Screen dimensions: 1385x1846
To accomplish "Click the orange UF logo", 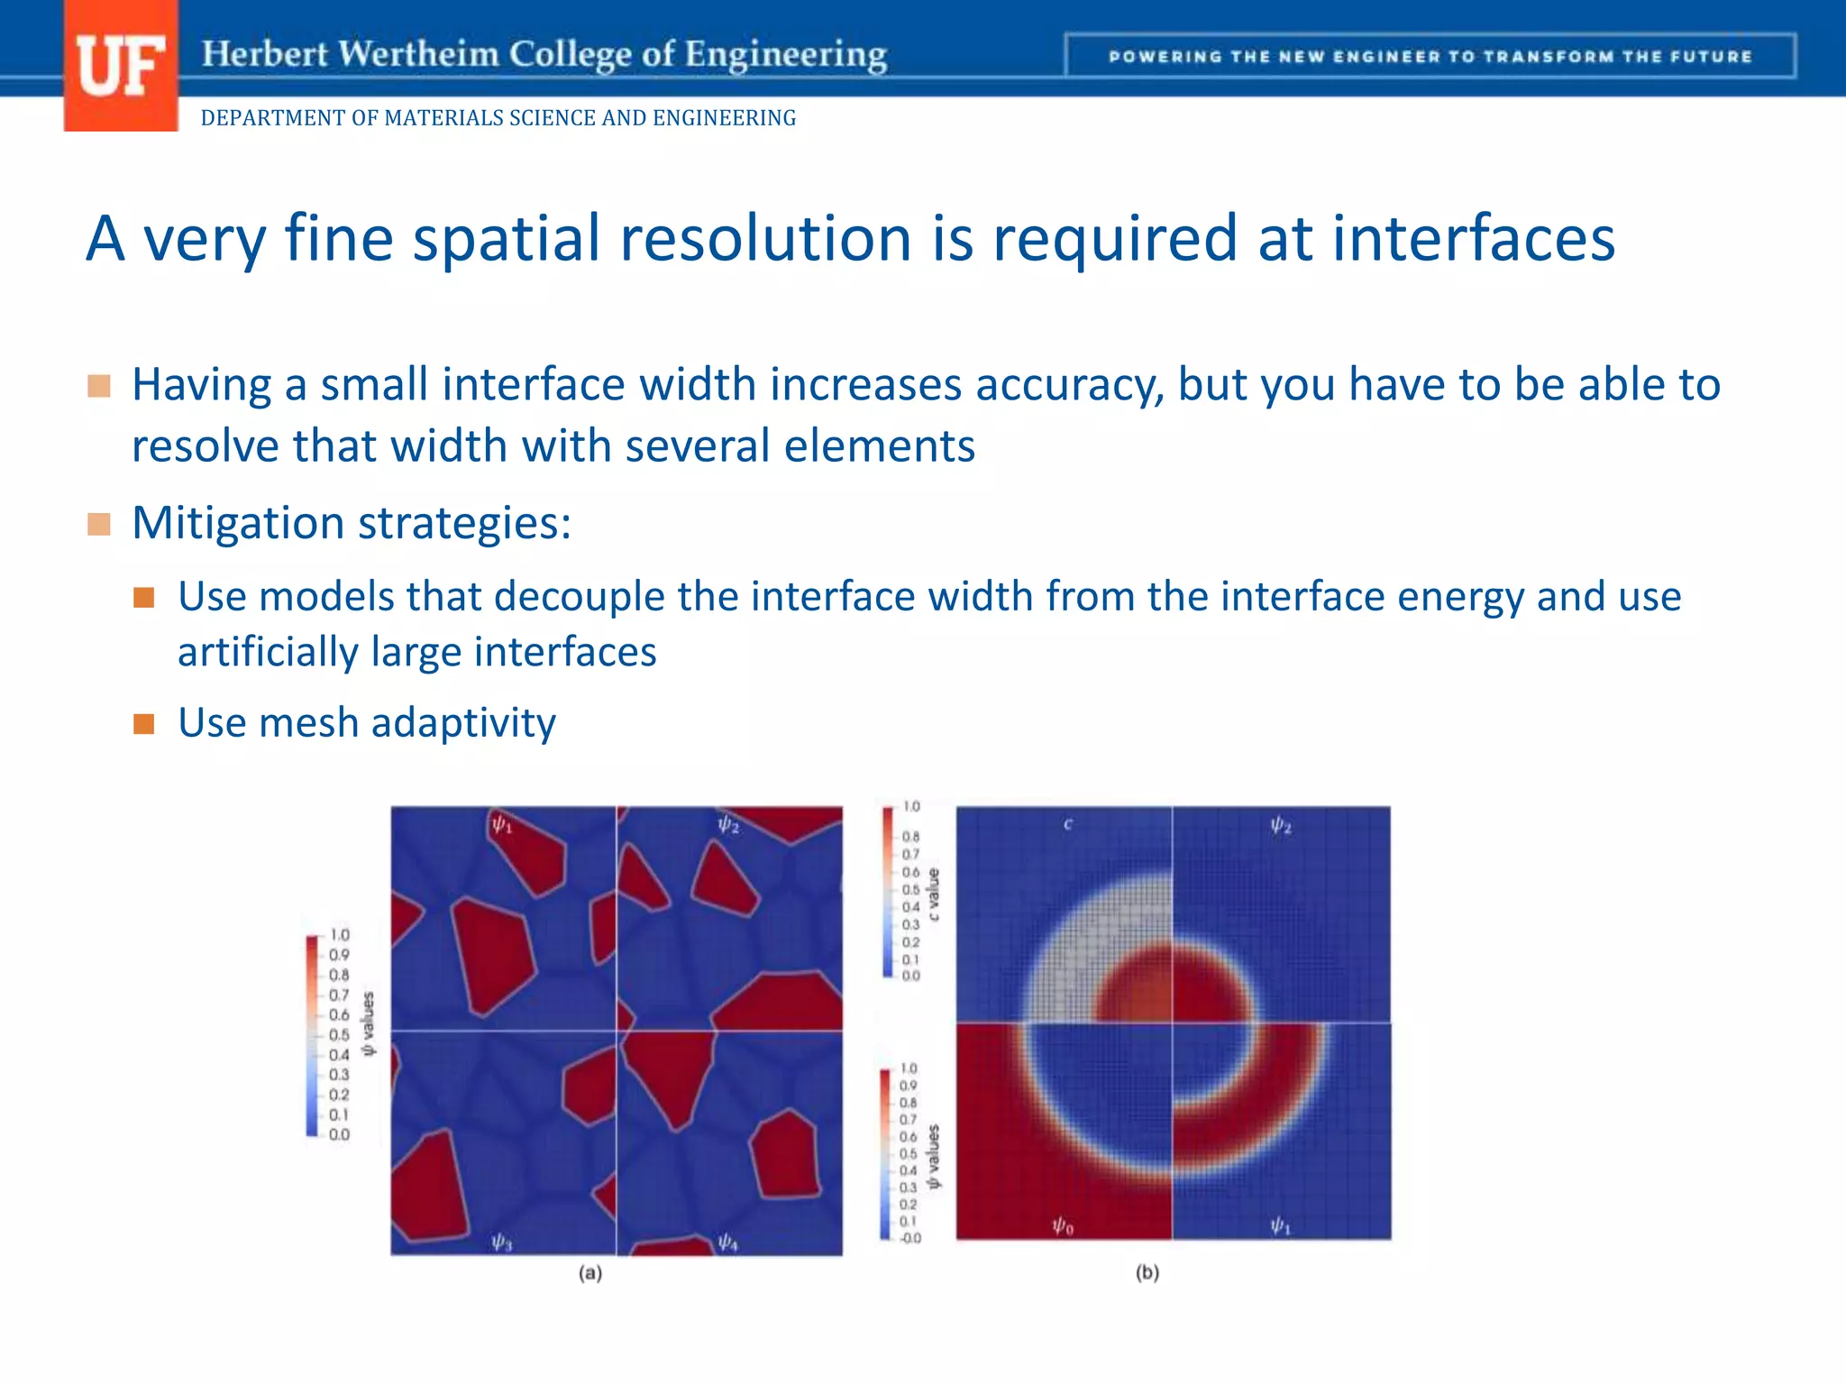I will [x=121, y=66].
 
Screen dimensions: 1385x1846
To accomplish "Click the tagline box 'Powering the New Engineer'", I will [x=1430, y=56].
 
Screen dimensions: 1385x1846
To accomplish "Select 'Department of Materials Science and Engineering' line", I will [x=498, y=118].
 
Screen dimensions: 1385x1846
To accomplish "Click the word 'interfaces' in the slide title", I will [x=1473, y=239].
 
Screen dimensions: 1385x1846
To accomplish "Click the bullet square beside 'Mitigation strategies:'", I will [x=99, y=524].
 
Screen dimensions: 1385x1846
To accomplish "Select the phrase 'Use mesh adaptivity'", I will [x=366, y=723].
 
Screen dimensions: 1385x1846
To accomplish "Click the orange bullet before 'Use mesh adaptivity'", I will [x=144, y=724].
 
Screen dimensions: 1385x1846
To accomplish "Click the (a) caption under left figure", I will [x=590, y=1273].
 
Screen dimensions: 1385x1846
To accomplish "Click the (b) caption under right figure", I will [x=1147, y=1273].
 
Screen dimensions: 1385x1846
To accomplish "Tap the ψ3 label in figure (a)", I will [x=502, y=1243].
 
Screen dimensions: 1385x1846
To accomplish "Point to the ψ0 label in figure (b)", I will [x=1063, y=1225].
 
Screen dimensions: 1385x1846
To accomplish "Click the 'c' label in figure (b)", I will [x=1068, y=823].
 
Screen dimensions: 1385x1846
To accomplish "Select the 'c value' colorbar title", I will [x=934, y=894].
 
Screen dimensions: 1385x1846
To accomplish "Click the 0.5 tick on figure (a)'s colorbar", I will [x=339, y=1035].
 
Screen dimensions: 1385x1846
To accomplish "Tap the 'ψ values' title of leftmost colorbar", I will [x=368, y=1023].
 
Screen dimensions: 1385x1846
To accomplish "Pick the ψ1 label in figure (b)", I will [x=1280, y=1225].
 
